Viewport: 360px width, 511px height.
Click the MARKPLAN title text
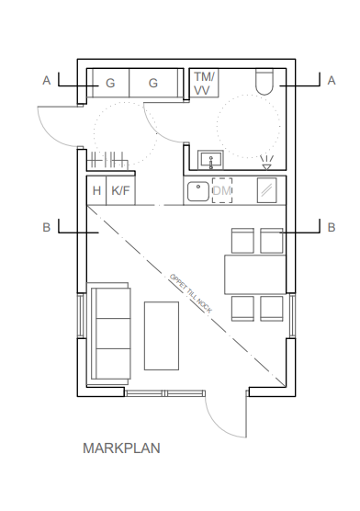[x=121, y=449]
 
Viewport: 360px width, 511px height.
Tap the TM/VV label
[x=204, y=84]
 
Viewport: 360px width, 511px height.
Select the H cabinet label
[x=96, y=190]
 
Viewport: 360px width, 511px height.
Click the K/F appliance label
[x=121, y=190]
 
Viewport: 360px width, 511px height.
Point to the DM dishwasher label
[x=222, y=190]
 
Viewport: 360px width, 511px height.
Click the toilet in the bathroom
[x=264, y=82]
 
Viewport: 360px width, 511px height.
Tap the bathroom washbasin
[x=211, y=160]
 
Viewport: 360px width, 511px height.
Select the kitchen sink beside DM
[x=198, y=191]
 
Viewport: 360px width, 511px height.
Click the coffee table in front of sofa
[x=162, y=335]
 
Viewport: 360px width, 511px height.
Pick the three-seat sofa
[x=109, y=334]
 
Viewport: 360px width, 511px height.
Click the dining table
[x=255, y=275]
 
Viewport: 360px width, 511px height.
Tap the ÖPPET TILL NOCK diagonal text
[x=191, y=293]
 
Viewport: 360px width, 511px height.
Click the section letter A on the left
[x=47, y=81]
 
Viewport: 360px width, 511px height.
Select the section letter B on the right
[x=332, y=228]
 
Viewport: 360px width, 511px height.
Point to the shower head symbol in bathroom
[x=267, y=163]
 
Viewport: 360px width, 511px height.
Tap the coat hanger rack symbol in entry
[x=107, y=160]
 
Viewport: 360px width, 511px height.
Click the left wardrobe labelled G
[x=111, y=83]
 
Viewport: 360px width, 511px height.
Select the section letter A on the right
[x=332, y=81]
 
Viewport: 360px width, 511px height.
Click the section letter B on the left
[x=47, y=228]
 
